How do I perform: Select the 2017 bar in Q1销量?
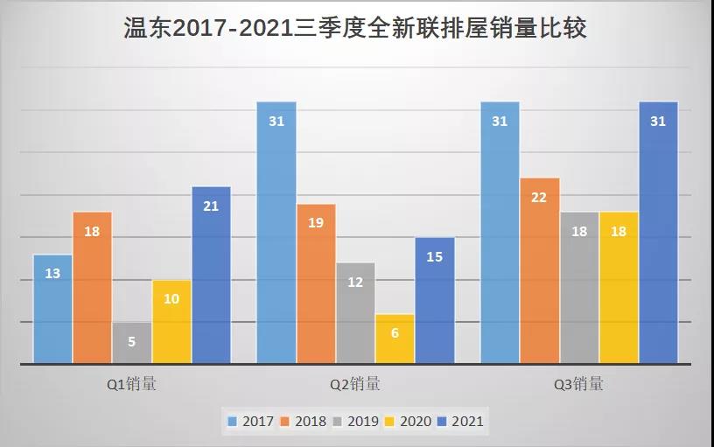tap(52, 308)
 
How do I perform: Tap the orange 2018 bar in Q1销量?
tap(92, 287)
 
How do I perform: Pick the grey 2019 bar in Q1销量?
tap(131, 342)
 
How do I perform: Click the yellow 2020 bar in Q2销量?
tap(395, 338)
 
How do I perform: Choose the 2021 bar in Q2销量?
tap(435, 300)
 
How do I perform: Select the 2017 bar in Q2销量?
tap(276, 232)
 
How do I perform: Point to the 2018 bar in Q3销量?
tap(539, 269)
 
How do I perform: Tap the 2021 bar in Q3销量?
tap(658, 232)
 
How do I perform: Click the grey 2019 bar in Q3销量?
tap(579, 287)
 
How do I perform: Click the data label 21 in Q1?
tap(211, 206)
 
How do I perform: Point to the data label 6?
tap(395, 333)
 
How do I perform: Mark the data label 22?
tap(539, 198)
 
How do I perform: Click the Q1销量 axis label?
tap(131, 383)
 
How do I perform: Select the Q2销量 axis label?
tap(355, 383)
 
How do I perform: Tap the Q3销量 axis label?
tap(578, 383)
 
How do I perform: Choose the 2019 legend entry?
tap(355, 422)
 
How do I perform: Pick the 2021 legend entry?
tap(458, 422)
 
